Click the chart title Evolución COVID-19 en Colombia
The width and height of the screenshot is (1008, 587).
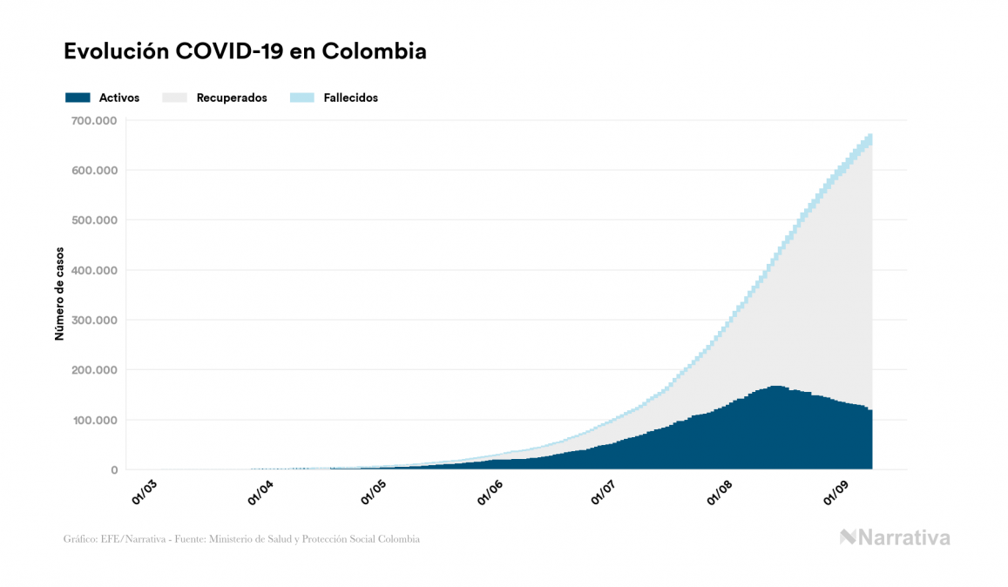(245, 51)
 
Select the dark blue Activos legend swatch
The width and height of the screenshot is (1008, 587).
(78, 98)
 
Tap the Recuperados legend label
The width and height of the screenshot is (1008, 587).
(232, 98)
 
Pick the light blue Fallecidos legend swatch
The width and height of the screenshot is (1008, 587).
(301, 98)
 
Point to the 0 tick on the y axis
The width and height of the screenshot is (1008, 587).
(113, 470)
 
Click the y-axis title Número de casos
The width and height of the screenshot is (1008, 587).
(59, 294)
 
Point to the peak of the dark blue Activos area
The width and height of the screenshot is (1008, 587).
(775, 387)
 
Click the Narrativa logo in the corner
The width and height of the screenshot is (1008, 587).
(895, 537)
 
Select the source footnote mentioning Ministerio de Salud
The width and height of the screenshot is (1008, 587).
(241, 539)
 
